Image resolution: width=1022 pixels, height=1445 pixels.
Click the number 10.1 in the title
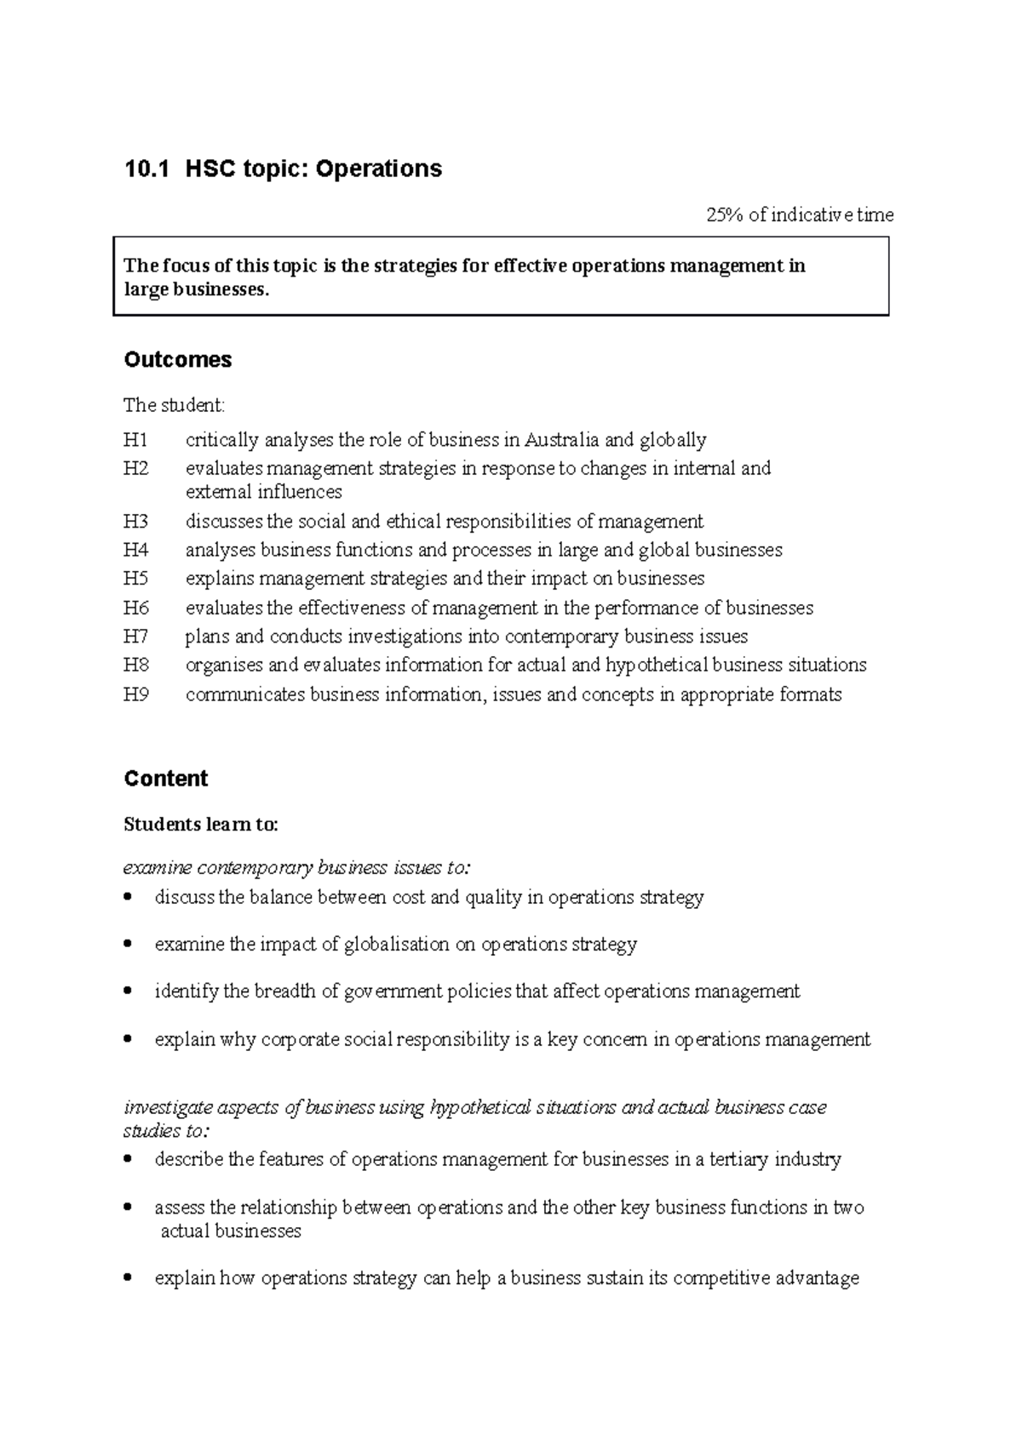pyautogui.click(x=141, y=168)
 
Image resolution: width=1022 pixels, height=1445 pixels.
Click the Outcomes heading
pyautogui.click(x=177, y=360)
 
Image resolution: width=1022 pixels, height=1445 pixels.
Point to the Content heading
pyautogui.click(x=165, y=779)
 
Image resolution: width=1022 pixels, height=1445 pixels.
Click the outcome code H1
pyautogui.click(x=135, y=440)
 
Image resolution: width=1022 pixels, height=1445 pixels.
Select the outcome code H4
pyautogui.click(x=135, y=550)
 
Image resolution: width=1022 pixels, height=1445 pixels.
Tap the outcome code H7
pyautogui.click(x=135, y=637)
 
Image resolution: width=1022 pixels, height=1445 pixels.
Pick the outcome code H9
pyautogui.click(x=135, y=694)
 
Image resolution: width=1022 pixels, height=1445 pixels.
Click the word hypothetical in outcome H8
pyautogui.click(x=656, y=665)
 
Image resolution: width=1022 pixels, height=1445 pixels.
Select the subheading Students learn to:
pyautogui.click(x=201, y=825)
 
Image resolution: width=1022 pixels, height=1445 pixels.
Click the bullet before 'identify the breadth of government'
pyautogui.click(x=128, y=991)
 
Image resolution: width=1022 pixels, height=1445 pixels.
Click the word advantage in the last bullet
pyautogui.click(x=818, y=1278)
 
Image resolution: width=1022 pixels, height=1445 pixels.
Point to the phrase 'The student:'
pyautogui.click(x=174, y=405)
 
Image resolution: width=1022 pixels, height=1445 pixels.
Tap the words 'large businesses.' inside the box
pyautogui.click(x=196, y=289)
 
